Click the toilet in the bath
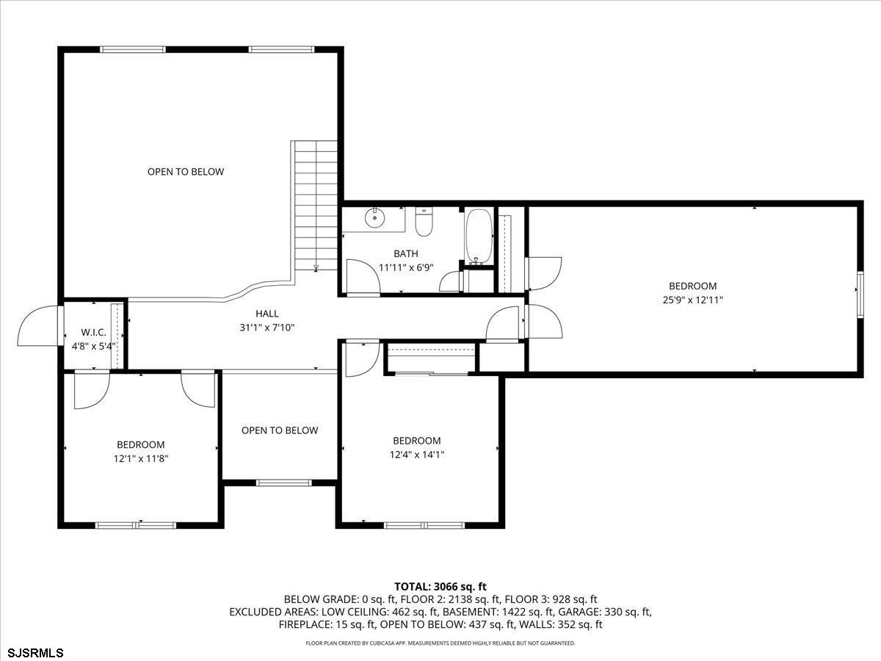(x=424, y=222)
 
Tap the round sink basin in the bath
(x=375, y=218)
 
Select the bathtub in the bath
(x=479, y=236)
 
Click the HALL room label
(x=267, y=314)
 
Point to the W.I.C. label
(x=93, y=332)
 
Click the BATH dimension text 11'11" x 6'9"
(x=406, y=267)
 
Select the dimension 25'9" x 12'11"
(x=692, y=300)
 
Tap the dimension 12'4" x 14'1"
(x=416, y=455)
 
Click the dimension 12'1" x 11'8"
(x=140, y=458)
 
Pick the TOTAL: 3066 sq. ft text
(x=440, y=587)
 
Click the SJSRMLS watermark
(x=32, y=653)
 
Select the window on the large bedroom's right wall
(x=860, y=295)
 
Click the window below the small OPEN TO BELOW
(x=283, y=483)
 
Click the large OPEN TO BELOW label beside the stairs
(x=186, y=172)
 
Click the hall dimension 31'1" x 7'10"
(x=267, y=328)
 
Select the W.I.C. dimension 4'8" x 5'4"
(x=93, y=346)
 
